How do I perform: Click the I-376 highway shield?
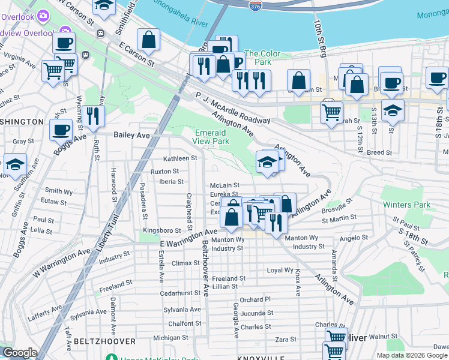255,5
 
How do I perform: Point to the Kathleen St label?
181,158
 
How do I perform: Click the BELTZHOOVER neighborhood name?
99,341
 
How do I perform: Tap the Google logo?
20,353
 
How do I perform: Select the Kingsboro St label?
161,230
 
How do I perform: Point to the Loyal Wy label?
280,271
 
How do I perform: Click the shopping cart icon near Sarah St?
331,111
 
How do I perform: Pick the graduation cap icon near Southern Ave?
15,163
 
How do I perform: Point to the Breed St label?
379,152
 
